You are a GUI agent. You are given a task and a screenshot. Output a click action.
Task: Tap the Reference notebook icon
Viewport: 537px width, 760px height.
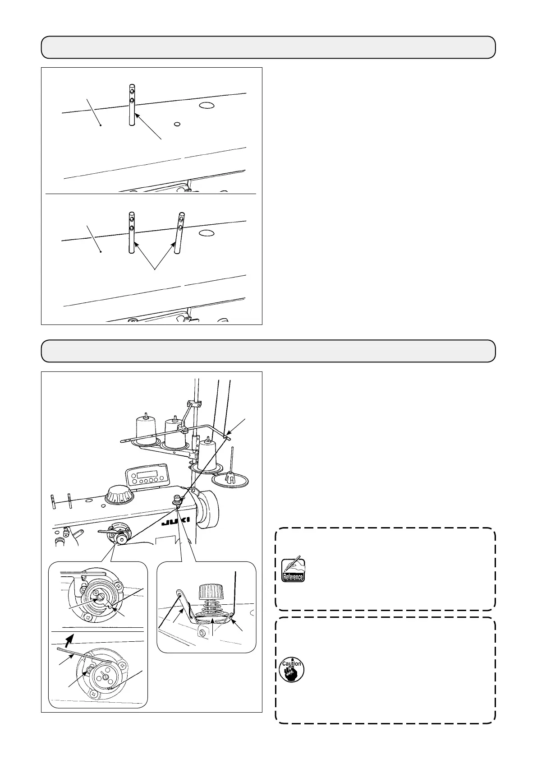[x=292, y=570]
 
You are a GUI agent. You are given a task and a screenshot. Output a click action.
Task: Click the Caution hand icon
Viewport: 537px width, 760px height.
[x=292, y=670]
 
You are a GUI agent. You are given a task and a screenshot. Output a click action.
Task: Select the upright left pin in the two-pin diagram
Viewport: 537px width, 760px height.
[x=131, y=232]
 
